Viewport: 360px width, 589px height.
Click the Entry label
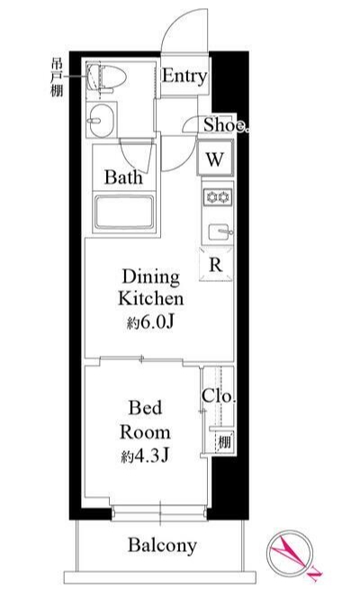[x=184, y=77]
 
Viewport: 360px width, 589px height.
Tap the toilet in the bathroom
[x=106, y=77]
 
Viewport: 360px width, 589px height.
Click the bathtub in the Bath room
[x=124, y=212]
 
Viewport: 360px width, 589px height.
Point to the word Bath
[x=123, y=177]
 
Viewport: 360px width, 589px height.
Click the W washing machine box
[x=215, y=158]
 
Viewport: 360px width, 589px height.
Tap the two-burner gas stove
[x=218, y=196]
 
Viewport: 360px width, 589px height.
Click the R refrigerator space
[x=216, y=265]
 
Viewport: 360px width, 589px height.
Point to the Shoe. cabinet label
[x=226, y=124]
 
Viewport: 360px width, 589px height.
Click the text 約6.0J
[x=150, y=322]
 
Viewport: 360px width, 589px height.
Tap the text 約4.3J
[x=145, y=456]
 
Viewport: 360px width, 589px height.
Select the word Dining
[x=151, y=276]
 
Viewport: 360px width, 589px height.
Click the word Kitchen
[x=151, y=299]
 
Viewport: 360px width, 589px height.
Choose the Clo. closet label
[x=219, y=395]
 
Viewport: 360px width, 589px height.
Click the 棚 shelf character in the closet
[x=224, y=441]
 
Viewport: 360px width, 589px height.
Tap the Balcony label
[x=162, y=545]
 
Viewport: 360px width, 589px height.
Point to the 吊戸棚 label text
[x=57, y=78]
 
